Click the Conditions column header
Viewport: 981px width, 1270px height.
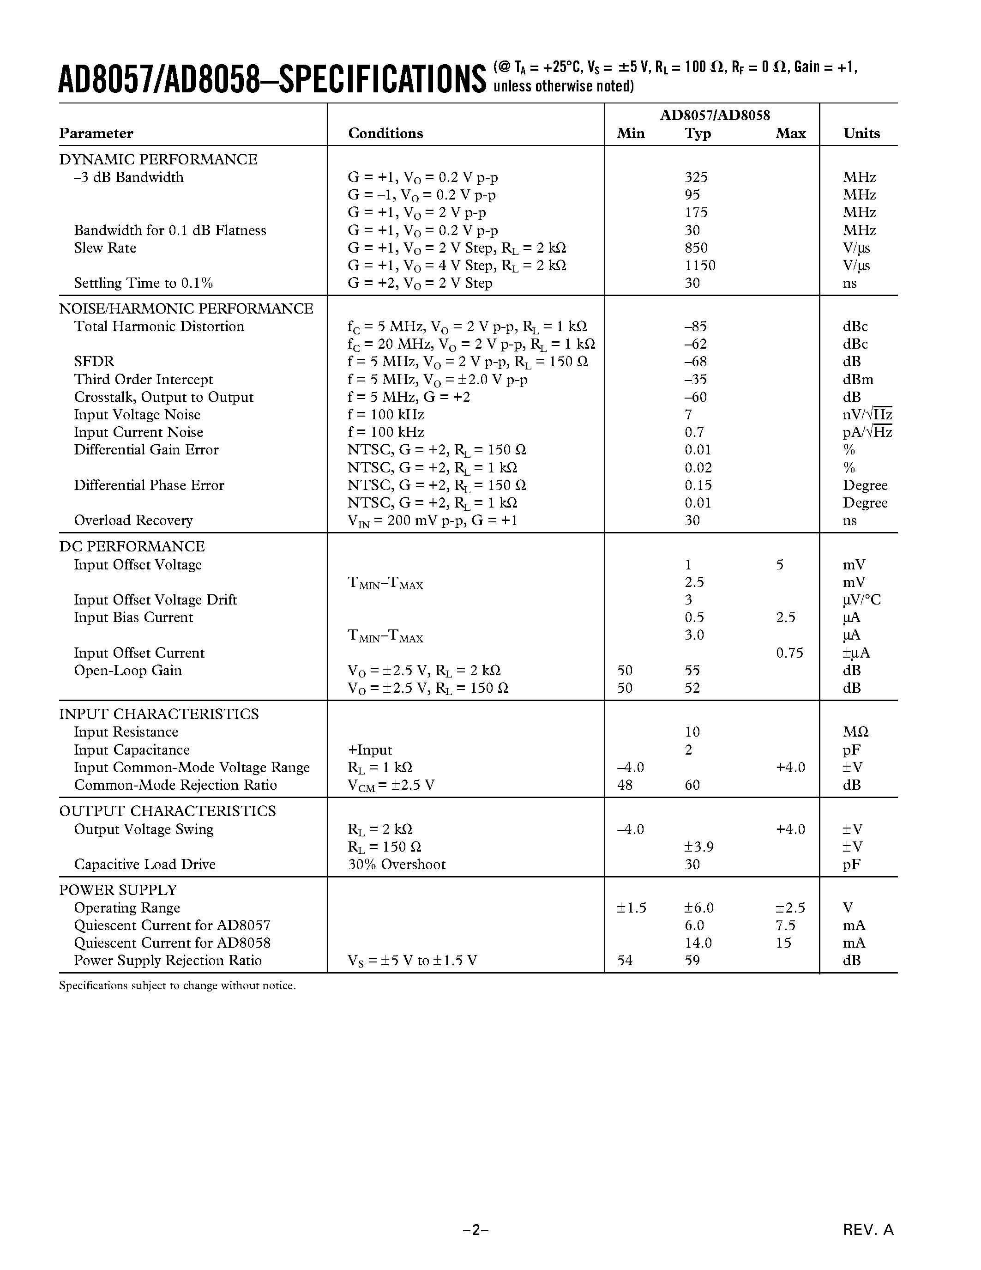click(385, 133)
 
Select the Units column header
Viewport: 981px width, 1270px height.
click(861, 133)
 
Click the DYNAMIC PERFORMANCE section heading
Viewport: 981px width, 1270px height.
click(158, 159)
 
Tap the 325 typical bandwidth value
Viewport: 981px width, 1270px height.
click(696, 177)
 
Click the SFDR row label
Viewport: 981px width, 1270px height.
click(94, 362)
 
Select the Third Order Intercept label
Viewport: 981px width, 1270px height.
click(143, 380)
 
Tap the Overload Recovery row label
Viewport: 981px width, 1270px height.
click(133, 520)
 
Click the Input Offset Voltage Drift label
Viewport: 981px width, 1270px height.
click(155, 600)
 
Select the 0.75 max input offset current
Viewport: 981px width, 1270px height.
click(789, 653)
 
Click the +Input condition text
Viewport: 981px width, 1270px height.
click(370, 750)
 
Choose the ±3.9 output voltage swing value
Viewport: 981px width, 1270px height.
click(698, 847)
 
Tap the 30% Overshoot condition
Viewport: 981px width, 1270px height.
click(397, 865)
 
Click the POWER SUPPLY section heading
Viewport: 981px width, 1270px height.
click(118, 890)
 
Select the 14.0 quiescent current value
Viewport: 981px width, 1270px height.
click(698, 943)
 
